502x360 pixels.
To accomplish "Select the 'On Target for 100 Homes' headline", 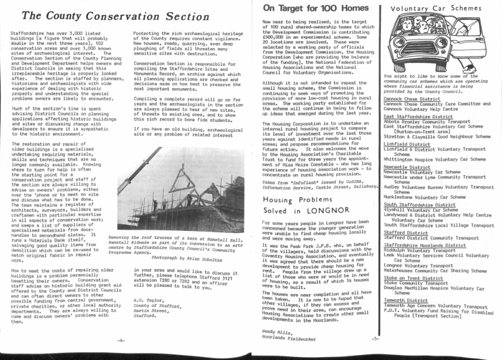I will point(313,7).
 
